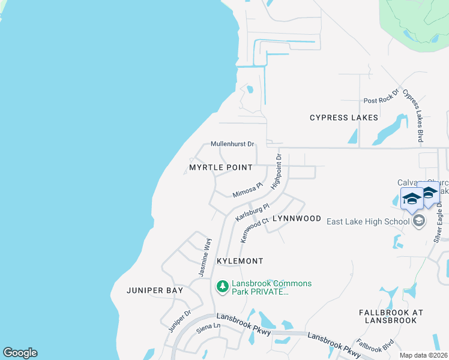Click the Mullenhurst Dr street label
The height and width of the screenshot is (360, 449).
233,144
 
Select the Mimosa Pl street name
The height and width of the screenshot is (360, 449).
248,191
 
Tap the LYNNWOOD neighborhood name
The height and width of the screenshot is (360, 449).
297,218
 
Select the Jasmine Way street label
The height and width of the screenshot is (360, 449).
205,257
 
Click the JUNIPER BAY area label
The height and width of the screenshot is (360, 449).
155,290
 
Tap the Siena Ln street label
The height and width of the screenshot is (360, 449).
209,327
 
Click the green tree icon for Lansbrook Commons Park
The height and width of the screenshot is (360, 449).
223,287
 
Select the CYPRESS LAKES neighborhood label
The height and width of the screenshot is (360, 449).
344,118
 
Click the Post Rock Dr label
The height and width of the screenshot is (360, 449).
381,99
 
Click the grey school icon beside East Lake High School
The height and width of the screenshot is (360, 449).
419,221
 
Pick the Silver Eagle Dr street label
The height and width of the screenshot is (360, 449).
438,222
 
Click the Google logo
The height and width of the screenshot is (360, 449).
20,353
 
